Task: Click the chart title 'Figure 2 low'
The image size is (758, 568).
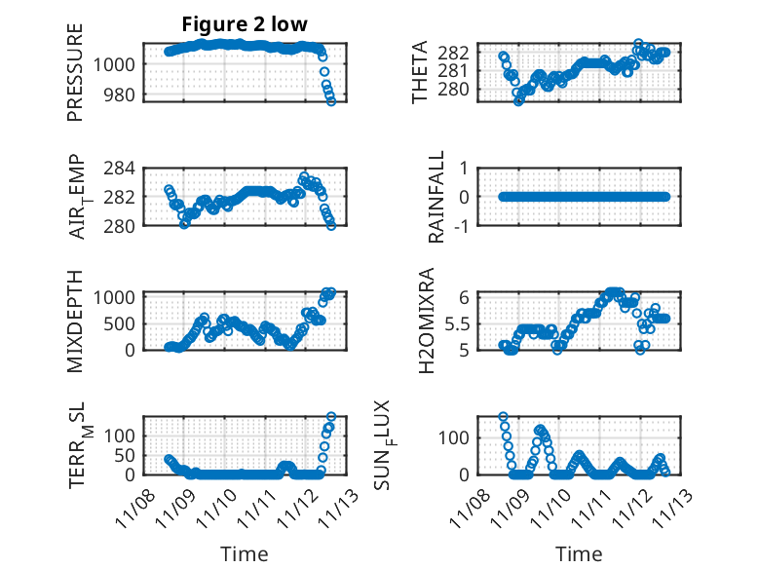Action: tap(245, 26)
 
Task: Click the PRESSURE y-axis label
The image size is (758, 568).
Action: tap(75, 72)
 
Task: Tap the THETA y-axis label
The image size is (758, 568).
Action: tap(420, 72)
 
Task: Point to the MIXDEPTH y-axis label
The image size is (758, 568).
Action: tap(75, 321)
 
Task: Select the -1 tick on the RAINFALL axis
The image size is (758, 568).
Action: tap(481, 226)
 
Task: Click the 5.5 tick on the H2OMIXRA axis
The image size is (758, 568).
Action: tap(478, 322)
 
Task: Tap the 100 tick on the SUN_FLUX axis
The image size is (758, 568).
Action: tap(474, 435)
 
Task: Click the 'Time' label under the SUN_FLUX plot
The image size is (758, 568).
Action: tap(579, 553)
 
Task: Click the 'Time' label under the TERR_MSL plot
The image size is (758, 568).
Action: tap(244, 553)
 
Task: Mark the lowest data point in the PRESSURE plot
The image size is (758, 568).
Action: tap(331, 101)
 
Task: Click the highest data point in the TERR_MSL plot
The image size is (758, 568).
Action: tap(331, 417)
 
